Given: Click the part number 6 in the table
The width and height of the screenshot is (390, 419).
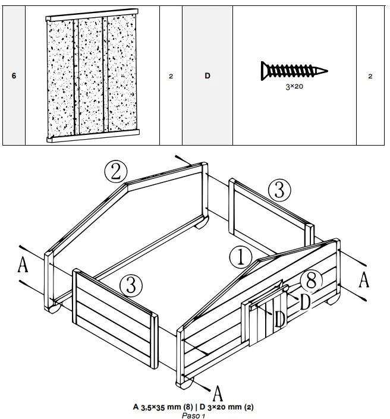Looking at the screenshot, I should coord(14,77).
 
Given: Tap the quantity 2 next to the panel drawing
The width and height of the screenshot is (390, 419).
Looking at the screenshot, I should coord(171,77).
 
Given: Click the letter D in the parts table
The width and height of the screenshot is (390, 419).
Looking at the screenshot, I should coord(207,77).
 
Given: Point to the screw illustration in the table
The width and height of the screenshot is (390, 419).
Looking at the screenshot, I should coord(295,71).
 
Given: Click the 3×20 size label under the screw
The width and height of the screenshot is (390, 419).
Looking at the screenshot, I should coord(295,86).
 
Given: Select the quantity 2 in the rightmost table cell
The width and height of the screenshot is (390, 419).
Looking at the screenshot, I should coord(370,77).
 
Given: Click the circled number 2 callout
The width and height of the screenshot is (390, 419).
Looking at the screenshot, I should coord(117,171).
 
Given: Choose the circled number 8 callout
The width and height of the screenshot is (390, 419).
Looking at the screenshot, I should coord(312,280).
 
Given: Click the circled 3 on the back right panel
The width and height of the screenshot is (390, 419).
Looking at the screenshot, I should coord(279,190).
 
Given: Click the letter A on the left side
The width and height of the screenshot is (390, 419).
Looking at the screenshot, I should coord(23,264).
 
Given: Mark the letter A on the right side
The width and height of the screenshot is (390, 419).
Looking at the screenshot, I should coord(364,279).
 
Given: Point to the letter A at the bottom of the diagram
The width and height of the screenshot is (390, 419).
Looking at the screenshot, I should coord(218,392).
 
